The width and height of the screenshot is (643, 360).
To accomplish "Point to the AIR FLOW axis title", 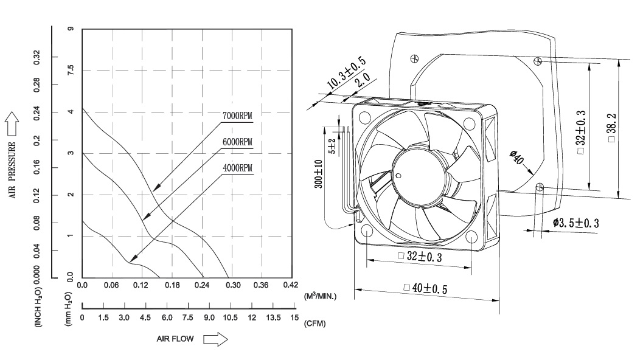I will pos(175,339).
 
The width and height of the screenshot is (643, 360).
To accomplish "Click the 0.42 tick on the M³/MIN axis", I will pos(290,285).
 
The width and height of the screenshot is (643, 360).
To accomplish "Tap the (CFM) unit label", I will pos(315,323).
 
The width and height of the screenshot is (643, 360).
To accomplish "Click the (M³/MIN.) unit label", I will pos(320,296).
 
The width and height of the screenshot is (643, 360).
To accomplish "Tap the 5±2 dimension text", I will pos(332,146).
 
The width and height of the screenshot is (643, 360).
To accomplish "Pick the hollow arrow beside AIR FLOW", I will pos(215,339).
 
